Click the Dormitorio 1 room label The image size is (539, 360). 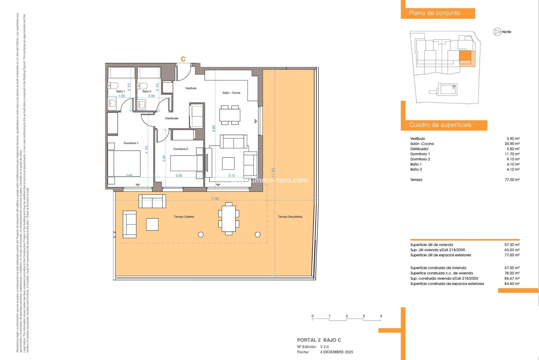pyautogui.click(x=131, y=143)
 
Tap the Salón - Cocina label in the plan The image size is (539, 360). pyautogui.click(x=231, y=93)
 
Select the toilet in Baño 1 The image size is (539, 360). pyautogui.click(x=113, y=85)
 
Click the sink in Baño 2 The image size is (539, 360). pyautogui.click(x=142, y=105)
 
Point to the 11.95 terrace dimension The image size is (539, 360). pyautogui.click(x=273, y=172)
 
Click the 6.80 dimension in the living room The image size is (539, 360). pyautogui.click(x=214, y=129)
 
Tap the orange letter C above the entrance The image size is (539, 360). pyautogui.click(x=183, y=59)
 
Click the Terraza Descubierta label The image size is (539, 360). pyautogui.click(x=290, y=217)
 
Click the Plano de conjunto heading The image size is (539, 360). pyautogui.click(x=434, y=13)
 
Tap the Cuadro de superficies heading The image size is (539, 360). pyautogui.click(x=440, y=125)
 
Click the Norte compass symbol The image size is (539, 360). pyautogui.click(x=497, y=32)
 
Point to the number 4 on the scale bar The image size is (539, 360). pyautogui.click(x=381, y=316)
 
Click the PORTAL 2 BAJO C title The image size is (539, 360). pyautogui.click(x=319, y=340)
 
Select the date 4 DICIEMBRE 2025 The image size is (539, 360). pyautogui.click(x=337, y=352)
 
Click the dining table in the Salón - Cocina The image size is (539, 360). pyautogui.click(x=230, y=115)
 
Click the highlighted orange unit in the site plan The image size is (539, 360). pyautogui.click(x=465, y=55)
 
